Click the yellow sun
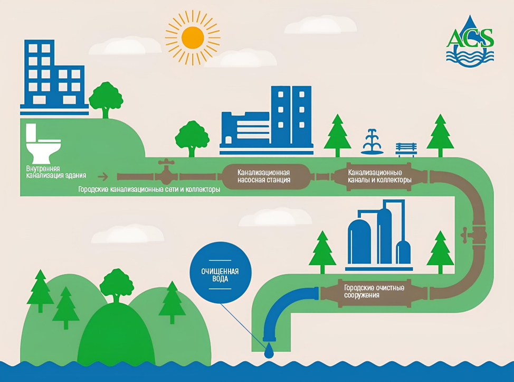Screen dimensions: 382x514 (x=192, y=37)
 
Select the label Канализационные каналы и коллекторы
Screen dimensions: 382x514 (x=379, y=176)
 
